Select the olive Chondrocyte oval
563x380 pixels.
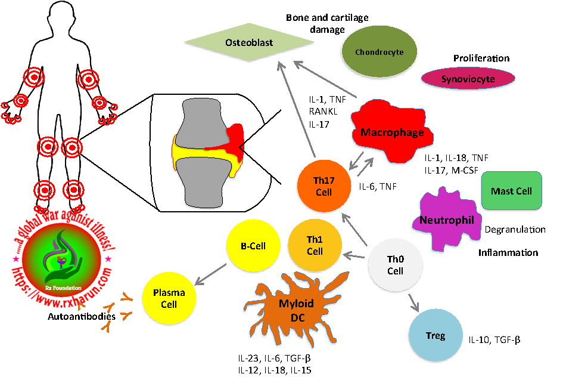379,52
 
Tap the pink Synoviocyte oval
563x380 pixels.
468,79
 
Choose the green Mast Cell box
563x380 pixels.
511,191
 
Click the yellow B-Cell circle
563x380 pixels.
253,246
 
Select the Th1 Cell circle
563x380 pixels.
315,246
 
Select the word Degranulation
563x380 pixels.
515,229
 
